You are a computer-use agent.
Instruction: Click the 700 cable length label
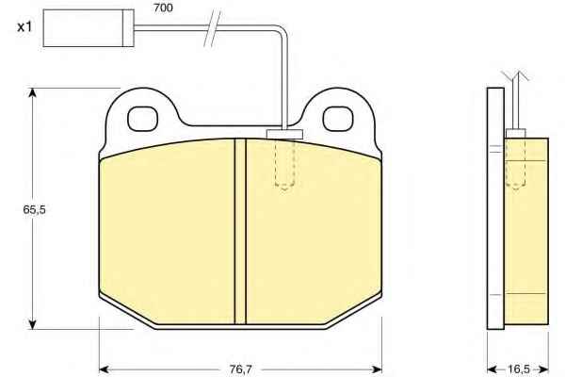(x=163, y=8)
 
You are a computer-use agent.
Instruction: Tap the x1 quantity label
(x=24, y=26)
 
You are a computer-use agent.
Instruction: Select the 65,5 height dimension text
(x=35, y=209)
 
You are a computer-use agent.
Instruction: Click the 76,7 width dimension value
(x=240, y=369)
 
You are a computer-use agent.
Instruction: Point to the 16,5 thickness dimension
(x=519, y=369)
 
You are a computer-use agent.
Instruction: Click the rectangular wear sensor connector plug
(x=89, y=27)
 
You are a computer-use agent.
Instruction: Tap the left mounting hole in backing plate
(x=143, y=119)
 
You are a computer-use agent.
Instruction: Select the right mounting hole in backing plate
(x=338, y=119)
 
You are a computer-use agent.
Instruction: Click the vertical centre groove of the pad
(x=240, y=231)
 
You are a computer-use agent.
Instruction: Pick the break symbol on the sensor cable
(x=212, y=28)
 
